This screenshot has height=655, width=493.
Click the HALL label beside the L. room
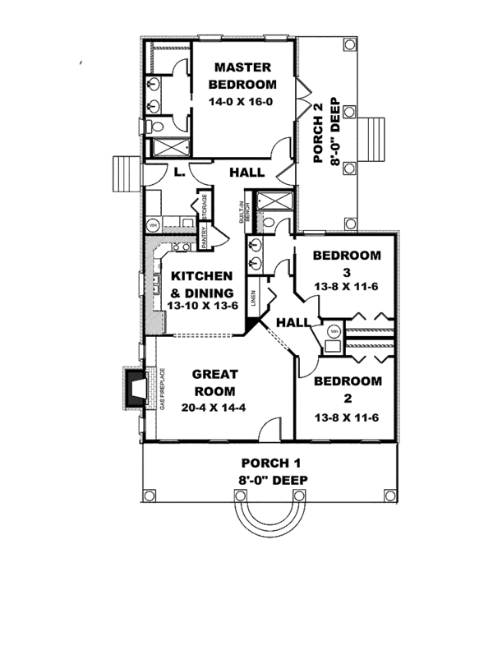point(246,173)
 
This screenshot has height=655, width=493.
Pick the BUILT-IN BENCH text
point(243,211)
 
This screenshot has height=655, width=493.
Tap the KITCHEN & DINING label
point(201,284)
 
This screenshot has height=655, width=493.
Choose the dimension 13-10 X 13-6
point(201,305)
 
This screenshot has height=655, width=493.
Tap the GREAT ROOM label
point(215,382)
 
